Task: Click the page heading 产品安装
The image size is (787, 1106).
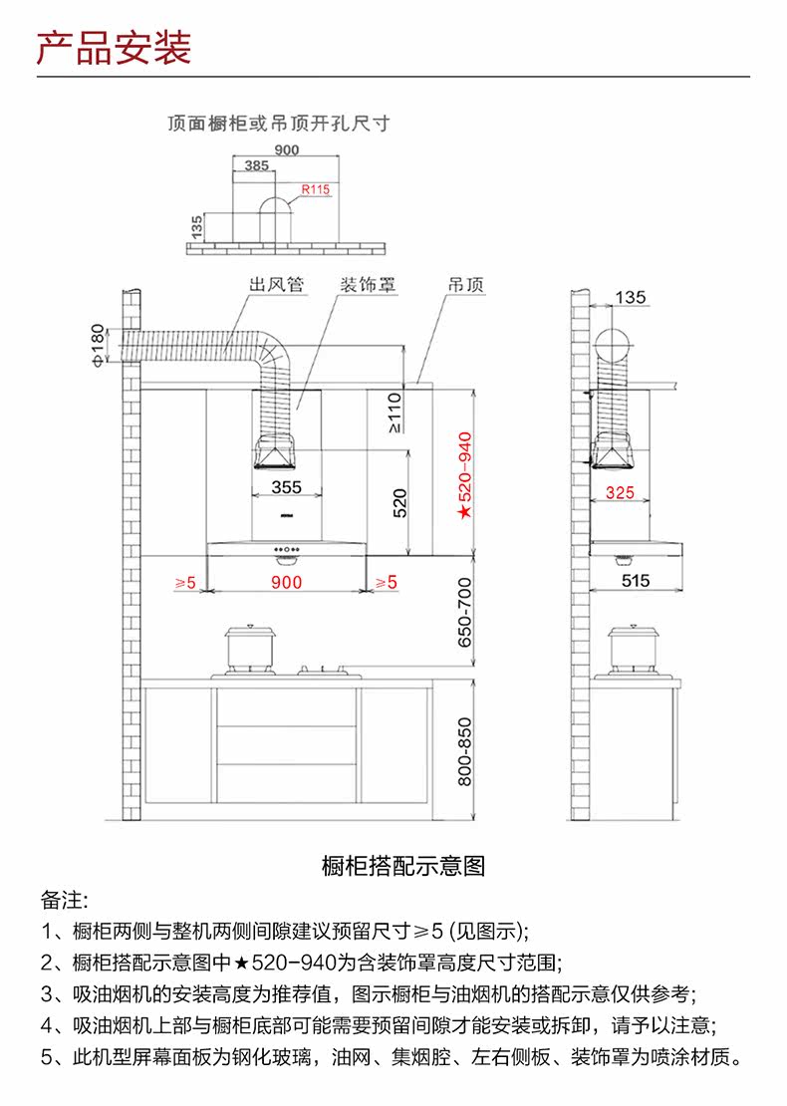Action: pos(114,48)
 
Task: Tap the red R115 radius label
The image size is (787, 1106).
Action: pos(316,188)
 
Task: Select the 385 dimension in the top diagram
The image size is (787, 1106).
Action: pos(256,166)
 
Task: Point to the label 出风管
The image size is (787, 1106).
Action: pos(276,285)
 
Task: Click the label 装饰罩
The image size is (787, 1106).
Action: pos(369,285)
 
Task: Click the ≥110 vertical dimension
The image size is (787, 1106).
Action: pos(393,412)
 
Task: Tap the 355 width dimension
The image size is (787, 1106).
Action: pos(286,487)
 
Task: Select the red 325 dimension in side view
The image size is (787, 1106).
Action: pos(620,492)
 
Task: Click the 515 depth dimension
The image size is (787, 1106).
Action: pos(635,580)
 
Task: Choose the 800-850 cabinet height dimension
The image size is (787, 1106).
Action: pos(463,750)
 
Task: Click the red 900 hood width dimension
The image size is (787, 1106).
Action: pos(286,583)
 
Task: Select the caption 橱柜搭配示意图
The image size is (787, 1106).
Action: pos(403,866)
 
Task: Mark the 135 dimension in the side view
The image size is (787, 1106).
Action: pos(630,297)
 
